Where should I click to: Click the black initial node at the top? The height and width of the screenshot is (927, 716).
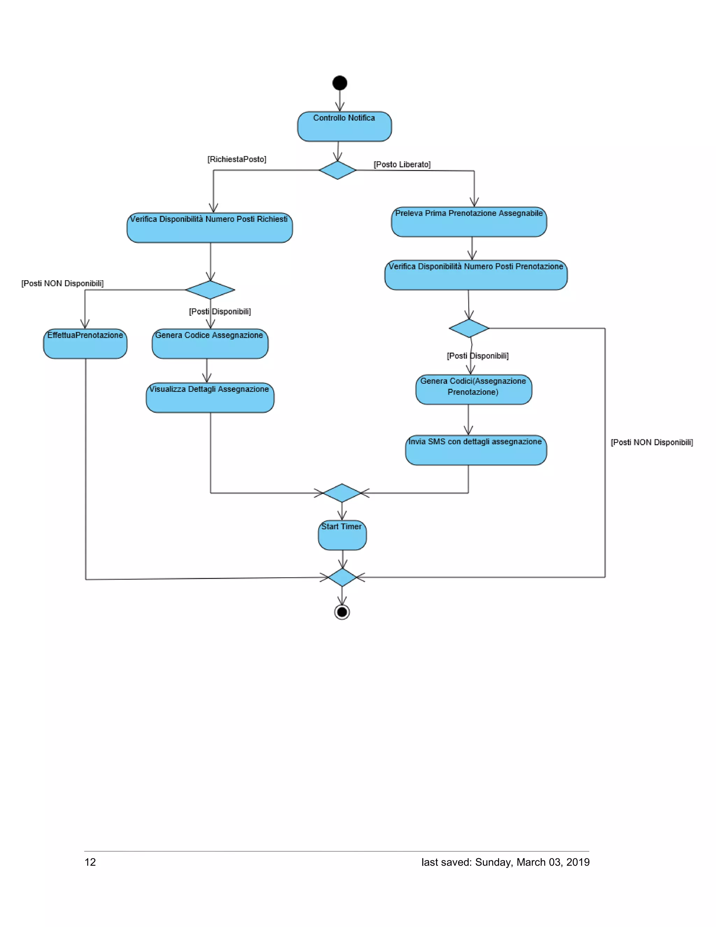(x=339, y=83)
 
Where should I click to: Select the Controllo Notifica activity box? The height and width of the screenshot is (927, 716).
(x=344, y=127)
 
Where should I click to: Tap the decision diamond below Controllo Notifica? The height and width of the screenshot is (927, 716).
(x=338, y=170)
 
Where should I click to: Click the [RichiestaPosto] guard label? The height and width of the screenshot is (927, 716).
(x=237, y=159)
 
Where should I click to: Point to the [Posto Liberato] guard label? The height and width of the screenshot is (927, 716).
(x=402, y=164)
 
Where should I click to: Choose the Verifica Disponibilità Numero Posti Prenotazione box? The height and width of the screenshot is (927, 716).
(x=475, y=275)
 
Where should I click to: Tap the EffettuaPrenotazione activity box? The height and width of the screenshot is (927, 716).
(x=85, y=344)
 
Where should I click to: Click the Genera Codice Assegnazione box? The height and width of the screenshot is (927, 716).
(x=210, y=344)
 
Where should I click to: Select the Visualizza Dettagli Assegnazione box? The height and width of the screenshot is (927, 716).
(x=210, y=397)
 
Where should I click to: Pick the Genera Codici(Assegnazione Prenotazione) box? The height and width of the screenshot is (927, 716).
(x=473, y=389)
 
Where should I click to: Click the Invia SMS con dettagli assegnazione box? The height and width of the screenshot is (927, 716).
(x=475, y=450)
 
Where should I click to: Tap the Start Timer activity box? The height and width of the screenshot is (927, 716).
(x=342, y=535)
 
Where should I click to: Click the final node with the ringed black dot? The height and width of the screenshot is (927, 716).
(x=342, y=612)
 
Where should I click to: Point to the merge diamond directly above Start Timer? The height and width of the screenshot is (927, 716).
(x=342, y=493)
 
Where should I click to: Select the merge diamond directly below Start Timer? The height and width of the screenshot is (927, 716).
(x=342, y=577)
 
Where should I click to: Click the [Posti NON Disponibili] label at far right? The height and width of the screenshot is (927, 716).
(x=652, y=442)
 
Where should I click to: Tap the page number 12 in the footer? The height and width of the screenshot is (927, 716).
(x=90, y=862)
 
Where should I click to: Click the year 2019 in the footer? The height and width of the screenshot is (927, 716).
(x=578, y=862)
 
